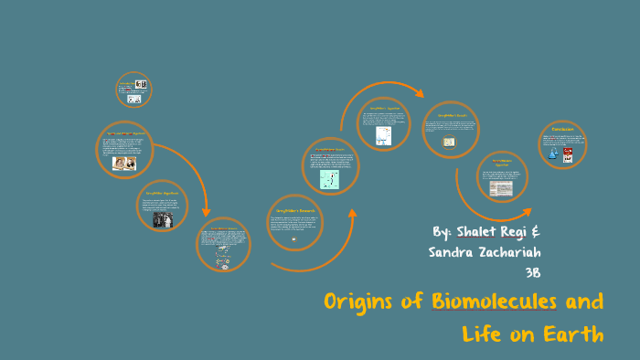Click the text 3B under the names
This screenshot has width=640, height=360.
tap(533, 272)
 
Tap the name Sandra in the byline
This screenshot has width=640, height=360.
tap(453, 251)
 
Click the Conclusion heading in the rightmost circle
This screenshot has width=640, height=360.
tap(561, 131)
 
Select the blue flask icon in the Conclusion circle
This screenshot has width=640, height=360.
tap(552, 154)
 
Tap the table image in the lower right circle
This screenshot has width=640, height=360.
tap(501, 187)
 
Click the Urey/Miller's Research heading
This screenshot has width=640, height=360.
tap(295, 210)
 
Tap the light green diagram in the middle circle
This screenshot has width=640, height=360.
tap(329, 178)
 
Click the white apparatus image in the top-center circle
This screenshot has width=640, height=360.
tap(383, 135)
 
